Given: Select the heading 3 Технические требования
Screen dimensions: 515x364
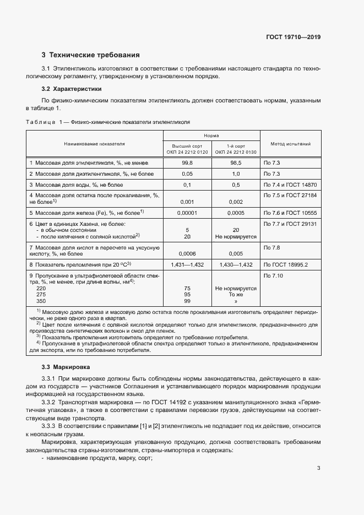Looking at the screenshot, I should pyautogui.click(x=90, y=55).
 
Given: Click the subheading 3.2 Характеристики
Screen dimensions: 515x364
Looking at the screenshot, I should pyautogui.click(x=72, y=89).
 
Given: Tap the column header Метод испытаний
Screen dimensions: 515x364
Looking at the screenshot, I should pyautogui.click(x=290, y=144).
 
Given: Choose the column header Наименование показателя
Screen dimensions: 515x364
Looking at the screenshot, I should pyautogui.click(x=94, y=144).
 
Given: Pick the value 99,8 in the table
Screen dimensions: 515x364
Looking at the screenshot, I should pyautogui.click(x=187, y=163).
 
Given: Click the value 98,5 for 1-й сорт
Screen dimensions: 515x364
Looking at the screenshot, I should pyautogui.click(x=236, y=163).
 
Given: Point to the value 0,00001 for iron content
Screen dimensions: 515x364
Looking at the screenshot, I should pyautogui.click(x=187, y=212).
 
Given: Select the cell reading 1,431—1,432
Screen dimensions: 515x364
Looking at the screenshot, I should pyautogui.click(x=187, y=265).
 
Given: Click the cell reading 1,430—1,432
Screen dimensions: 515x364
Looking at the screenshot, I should pyautogui.click(x=236, y=265).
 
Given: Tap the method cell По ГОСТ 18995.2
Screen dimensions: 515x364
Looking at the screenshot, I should pyautogui.click(x=286, y=265).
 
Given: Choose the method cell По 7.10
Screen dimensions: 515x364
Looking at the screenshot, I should pyautogui.click(x=274, y=275).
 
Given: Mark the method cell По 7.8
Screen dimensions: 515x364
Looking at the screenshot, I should pyautogui.click(x=272, y=248).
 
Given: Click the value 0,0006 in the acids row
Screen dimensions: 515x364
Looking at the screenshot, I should pyautogui.click(x=187, y=254).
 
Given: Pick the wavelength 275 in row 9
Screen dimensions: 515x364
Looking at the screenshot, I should pyautogui.click(x=41, y=295).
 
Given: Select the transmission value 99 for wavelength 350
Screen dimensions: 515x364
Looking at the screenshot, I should pyautogui.click(x=187, y=301).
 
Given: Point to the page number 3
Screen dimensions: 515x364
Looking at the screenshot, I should pyautogui.click(x=318, y=468).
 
